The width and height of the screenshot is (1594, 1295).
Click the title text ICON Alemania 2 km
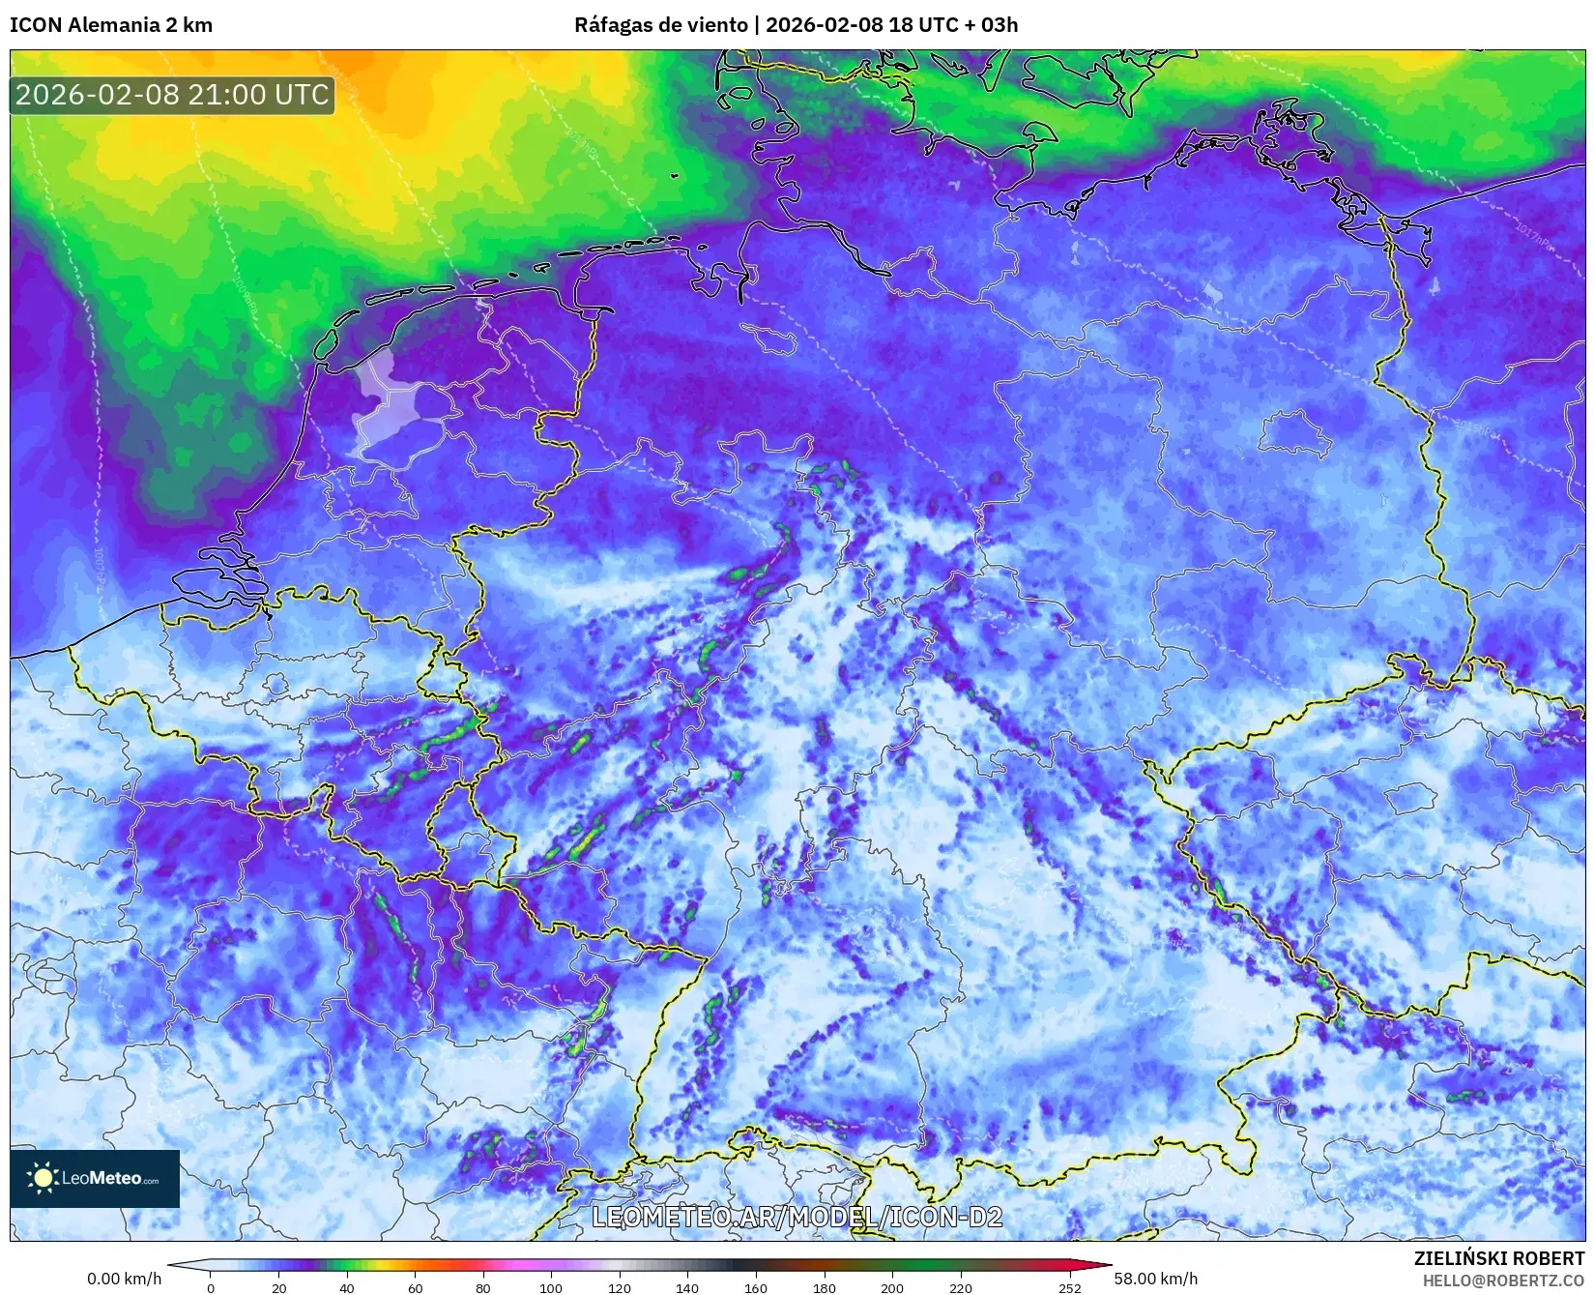pyautogui.click(x=111, y=25)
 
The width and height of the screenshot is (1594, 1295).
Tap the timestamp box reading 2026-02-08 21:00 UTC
pyautogui.click(x=172, y=95)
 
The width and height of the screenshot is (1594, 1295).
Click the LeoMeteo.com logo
pyautogui.click(x=95, y=1178)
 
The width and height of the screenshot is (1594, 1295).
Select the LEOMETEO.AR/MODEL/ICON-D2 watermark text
pyautogui.click(x=797, y=1217)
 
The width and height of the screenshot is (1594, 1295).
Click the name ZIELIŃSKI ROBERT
pyautogui.click(x=1499, y=1258)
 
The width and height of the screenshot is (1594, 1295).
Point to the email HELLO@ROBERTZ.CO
pyautogui.click(x=1503, y=1280)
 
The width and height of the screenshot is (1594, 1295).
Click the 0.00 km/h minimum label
pyautogui.click(x=125, y=1279)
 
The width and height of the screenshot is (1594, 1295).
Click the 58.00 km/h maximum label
pyautogui.click(x=1155, y=1279)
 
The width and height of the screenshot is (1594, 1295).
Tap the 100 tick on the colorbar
pyautogui.click(x=551, y=1287)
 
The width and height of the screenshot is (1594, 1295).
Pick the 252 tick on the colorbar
pyautogui.click(x=1069, y=1287)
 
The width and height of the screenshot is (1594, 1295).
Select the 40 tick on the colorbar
pyautogui.click(x=347, y=1287)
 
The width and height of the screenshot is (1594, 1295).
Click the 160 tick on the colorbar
pyautogui.click(x=756, y=1287)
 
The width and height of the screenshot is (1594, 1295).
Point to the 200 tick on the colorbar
pyautogui.click(x=892, y=1287)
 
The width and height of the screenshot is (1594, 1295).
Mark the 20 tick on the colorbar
pyautogui.click(x=278, y=1287)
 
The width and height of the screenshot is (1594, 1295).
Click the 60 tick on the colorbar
pyautogui.click(x=415, y=1287)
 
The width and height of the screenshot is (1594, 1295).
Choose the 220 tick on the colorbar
pyautogui.click(x=960, y=1287)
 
